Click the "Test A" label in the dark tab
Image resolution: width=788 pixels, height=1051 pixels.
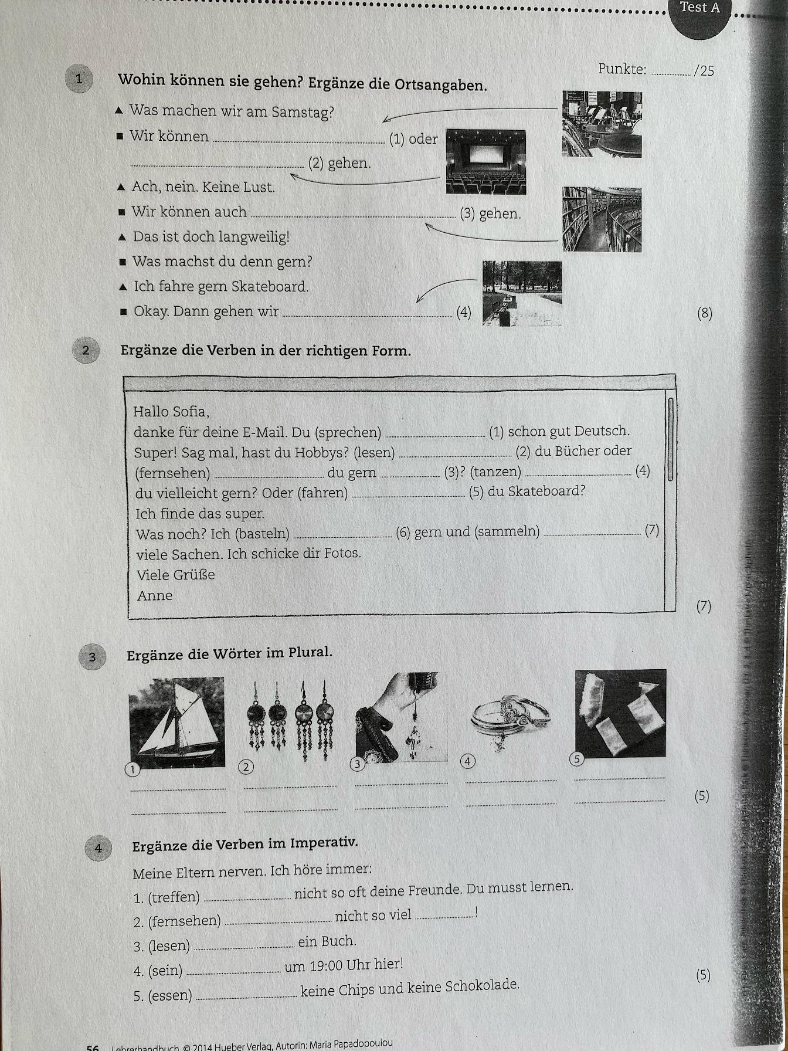pos(699,8)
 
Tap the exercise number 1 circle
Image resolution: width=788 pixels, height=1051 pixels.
pos(79,79)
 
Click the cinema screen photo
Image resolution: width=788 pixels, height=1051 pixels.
pos(485,162)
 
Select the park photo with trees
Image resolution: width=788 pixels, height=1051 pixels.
pos(522,293)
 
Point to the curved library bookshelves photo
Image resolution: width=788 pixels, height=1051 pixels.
pos(602,219)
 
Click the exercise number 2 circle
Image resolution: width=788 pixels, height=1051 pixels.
pos(86,351)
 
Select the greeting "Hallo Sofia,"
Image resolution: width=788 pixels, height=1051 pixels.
pos(171,412)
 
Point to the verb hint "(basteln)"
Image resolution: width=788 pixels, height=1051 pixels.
pos(262,534)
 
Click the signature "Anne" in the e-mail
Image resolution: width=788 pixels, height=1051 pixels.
pos(155,596)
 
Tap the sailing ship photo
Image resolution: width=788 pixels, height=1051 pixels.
pos(176,723)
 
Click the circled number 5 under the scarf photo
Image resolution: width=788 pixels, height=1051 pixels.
pos(577,759)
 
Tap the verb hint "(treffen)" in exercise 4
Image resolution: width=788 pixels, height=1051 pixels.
pos(174,897)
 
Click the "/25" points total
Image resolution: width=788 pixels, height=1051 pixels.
pos(704,71)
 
